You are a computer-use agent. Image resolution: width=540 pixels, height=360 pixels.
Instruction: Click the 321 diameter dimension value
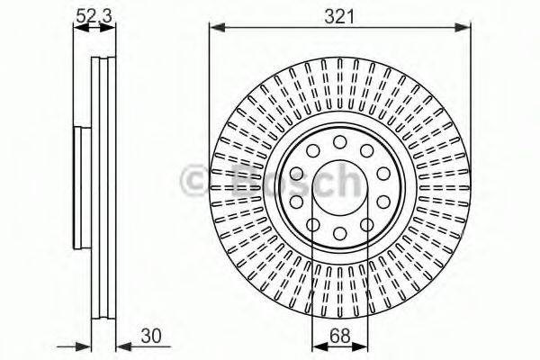pos(339,15)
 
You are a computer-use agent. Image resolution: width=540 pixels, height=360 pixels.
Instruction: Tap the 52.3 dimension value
pos(94,14)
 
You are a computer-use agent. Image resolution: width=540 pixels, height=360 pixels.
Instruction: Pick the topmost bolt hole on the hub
pos(339,142)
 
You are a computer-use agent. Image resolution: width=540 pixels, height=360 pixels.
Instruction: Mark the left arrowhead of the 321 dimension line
pos(214,29)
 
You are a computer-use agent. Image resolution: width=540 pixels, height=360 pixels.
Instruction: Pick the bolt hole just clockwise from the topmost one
pos(367,151)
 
